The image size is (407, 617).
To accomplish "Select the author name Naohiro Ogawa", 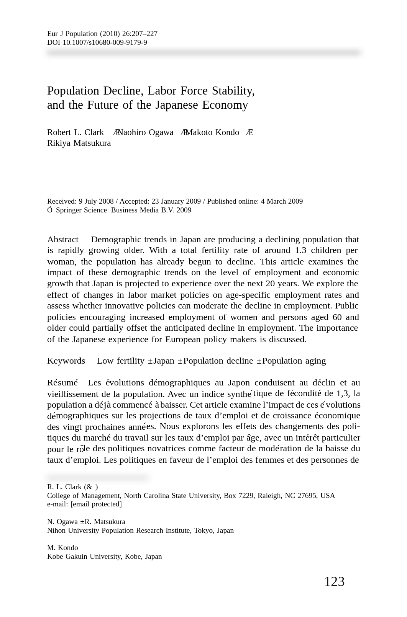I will (x=145, y=132).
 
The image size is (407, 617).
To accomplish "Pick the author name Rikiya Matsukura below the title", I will (x=79, y=143).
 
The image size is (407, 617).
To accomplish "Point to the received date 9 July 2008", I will (x=96, y=201).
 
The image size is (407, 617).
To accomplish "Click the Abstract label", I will (x=63, y=240).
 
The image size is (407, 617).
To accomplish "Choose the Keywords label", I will (x=66, y=361).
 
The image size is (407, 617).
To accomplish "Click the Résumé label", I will (x=62, y=383).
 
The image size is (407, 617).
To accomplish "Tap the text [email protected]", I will (x=96, y=504).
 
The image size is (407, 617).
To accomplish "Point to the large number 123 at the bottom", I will (x=334, y=582).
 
